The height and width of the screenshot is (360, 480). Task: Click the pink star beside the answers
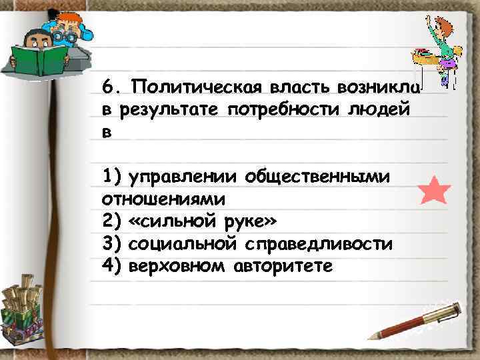[x=435, y=191]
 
